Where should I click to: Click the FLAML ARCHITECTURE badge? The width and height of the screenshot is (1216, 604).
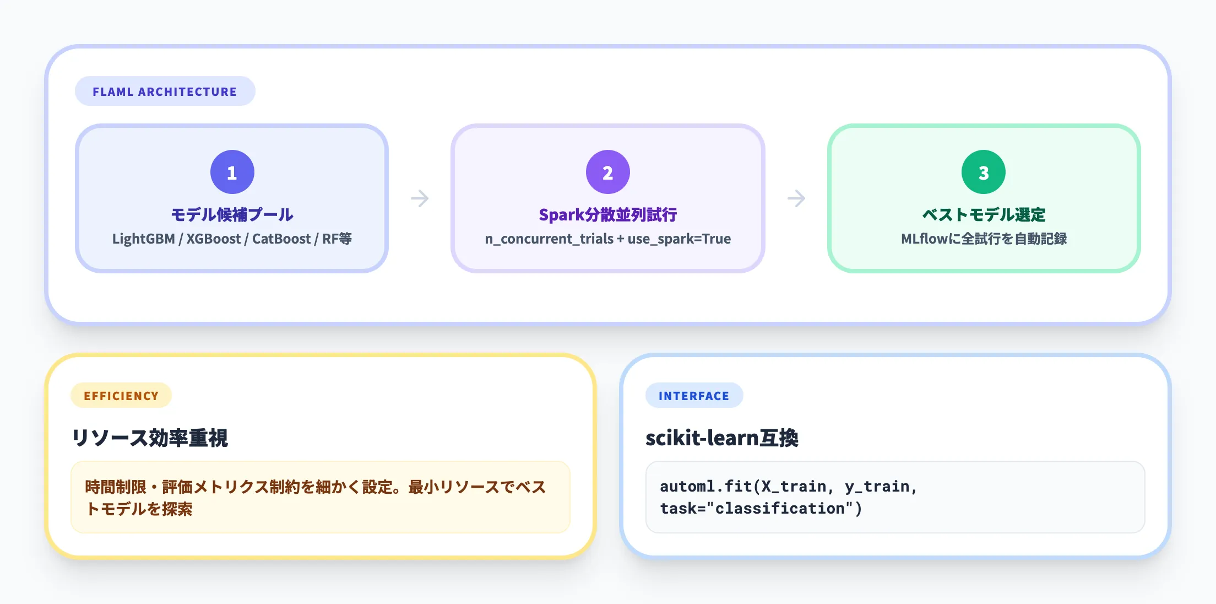click(x=165, y=91)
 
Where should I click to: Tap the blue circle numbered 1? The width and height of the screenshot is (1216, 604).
click(x=232, y=172)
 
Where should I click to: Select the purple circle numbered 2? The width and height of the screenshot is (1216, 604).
click(x=607, y=172)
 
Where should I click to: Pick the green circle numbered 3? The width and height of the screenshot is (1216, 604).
click(x=983, y=172)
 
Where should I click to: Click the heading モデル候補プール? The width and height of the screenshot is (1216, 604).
click(x=232, y=214)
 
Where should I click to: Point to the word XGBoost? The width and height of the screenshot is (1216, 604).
click(x=213, y=239)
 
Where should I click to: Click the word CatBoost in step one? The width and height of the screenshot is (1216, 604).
click(x=281, y=239)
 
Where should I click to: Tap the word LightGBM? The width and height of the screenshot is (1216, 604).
click(x=143, y=239)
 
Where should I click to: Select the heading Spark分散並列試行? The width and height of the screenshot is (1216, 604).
click(x=607, y=214)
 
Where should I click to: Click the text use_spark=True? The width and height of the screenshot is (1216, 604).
click(x=679, y=239)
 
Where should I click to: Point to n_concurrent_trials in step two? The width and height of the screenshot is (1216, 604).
click(x=549, y=239)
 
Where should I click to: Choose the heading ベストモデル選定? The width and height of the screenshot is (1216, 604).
click(x=984, y=214)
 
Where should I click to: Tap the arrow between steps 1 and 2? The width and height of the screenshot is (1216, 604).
click(x=420, y=198)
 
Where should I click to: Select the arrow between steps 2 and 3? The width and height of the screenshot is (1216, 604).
click(x=796, y=198)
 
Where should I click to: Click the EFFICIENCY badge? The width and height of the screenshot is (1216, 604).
click(x=121, y=396)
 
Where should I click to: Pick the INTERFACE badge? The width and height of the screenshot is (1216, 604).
click(x=694, y=396)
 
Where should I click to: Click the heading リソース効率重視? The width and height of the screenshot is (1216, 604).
click(x=150, y=438)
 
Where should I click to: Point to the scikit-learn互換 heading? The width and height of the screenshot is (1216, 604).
click(x=721, y=438)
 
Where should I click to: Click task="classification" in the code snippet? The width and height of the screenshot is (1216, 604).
click(x=761, y=508)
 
